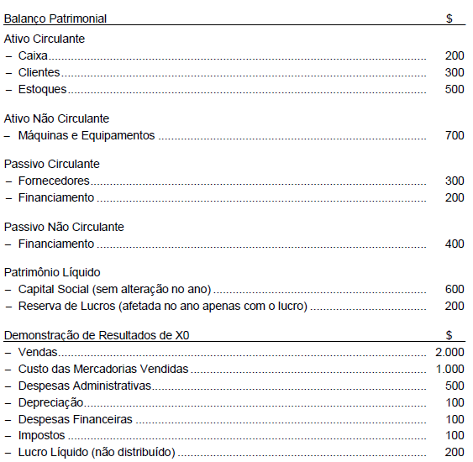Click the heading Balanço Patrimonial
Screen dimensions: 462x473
click(55, 18)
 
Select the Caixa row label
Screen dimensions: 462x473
click(33, 55)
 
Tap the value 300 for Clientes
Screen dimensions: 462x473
click(454, 72)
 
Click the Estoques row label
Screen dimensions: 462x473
click(42, 89)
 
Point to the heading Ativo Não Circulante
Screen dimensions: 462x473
click(56, 118)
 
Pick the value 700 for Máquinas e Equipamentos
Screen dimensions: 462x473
click(454, 135)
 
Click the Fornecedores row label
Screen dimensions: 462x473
click(54, 181)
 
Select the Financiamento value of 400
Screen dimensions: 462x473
click(454, 244)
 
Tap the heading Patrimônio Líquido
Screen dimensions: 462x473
click(52, 272)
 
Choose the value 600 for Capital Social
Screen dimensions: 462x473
click(454, 289)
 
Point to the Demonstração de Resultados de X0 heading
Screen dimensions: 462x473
click(97, 335)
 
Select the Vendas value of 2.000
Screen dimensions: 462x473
click(449, 352)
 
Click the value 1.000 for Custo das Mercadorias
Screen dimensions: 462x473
click(449, 369)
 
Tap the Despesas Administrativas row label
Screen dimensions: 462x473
click(84, 386)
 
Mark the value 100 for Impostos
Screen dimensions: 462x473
click(454, 436)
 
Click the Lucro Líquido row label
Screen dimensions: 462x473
click(97, 453)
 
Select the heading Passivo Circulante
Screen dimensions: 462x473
click(51, 164)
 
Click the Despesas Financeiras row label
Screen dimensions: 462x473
click(75, 419)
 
